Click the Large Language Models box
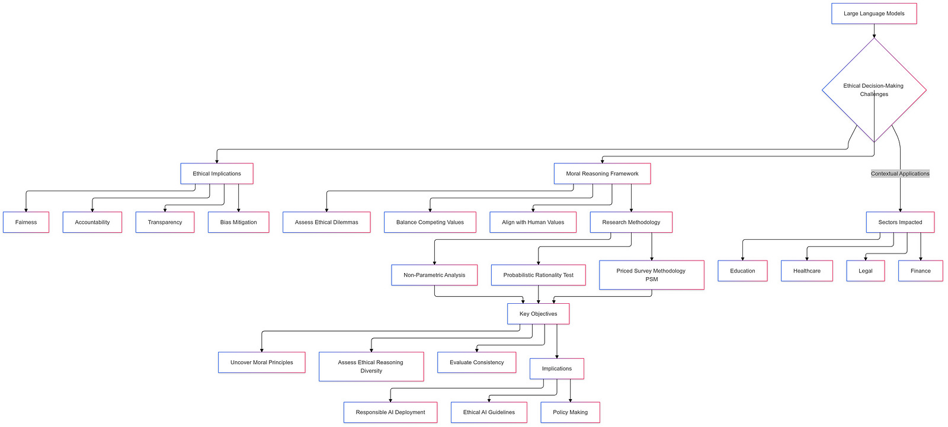click(x=874, y=14)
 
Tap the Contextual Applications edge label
click(x=900, y=174)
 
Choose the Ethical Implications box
click(x=217, y=174)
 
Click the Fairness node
click(x=26, y=222)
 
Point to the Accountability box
click(x=92, y=222)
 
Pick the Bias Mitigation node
click(x=238, y=222)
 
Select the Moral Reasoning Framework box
click(x=602, y=174)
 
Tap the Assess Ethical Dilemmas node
click(x=326, y=222)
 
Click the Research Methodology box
click(x=631, y=222)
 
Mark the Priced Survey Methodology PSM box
click(x=652, y=275)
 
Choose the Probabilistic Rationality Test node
click(x=538, y=275)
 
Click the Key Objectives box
click(x=538, y=314)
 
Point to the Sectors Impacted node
click(x=900, y=222)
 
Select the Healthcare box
click(x=807, y=271)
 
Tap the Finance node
click(x=920, y=271)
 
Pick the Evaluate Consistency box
click(x=476, y=362)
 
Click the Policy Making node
click(x=570, y=412)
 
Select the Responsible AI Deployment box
click(x=390, y=412)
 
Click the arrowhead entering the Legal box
click(x=866, y=258)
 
